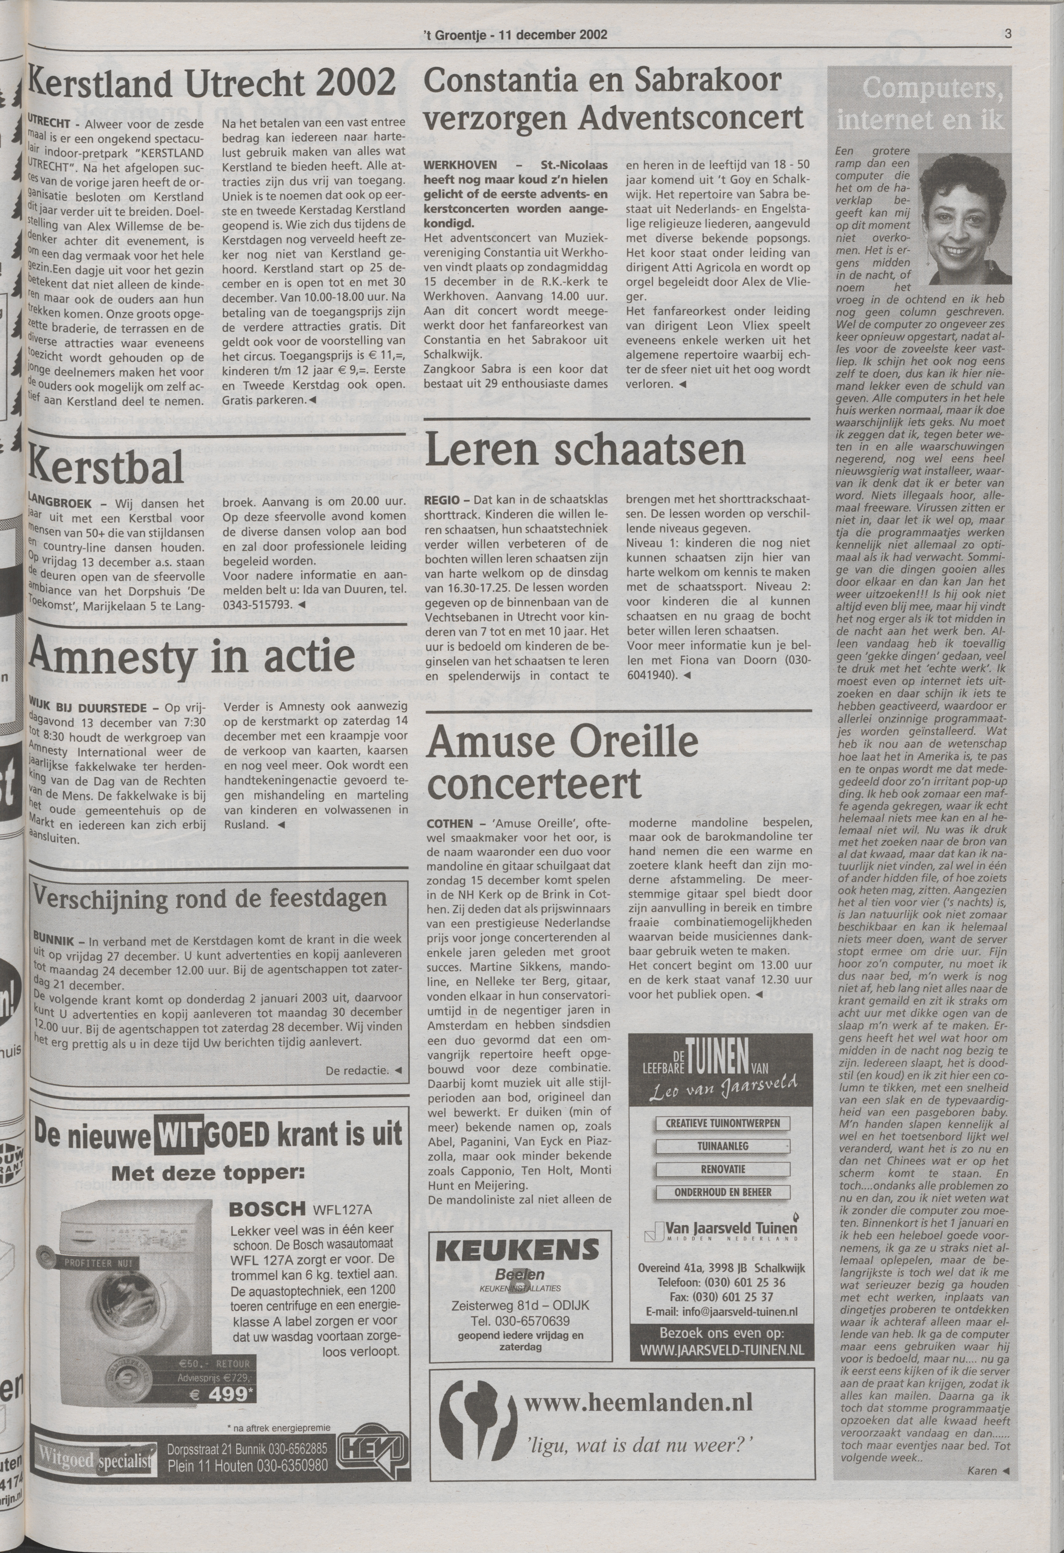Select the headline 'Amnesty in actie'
(192, 655)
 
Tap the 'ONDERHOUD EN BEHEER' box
(722, 1192)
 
